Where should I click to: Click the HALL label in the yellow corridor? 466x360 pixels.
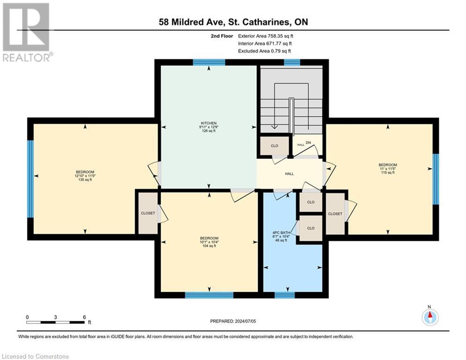tap(289, 174)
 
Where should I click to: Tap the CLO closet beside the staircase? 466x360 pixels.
tap(274, 146)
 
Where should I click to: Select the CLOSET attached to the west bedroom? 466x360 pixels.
tap(148, 213)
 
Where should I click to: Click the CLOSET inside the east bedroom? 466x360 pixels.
tap(335, 214)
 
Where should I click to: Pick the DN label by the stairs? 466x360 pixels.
tap(308, 143)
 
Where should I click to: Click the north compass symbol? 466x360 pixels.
tap(429, 317)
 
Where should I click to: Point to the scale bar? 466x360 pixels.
tap(56, 322)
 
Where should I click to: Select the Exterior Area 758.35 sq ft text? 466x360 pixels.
tap(266, 36)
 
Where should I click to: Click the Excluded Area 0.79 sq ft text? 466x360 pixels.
tap(265, 51)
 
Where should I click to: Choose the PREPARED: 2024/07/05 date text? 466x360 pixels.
tap(233, 321)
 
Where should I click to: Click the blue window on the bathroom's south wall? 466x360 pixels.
tap(284, 295)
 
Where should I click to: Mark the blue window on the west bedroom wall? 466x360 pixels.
tap(30, 179)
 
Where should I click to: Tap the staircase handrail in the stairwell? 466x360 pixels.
tap(291, 117)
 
